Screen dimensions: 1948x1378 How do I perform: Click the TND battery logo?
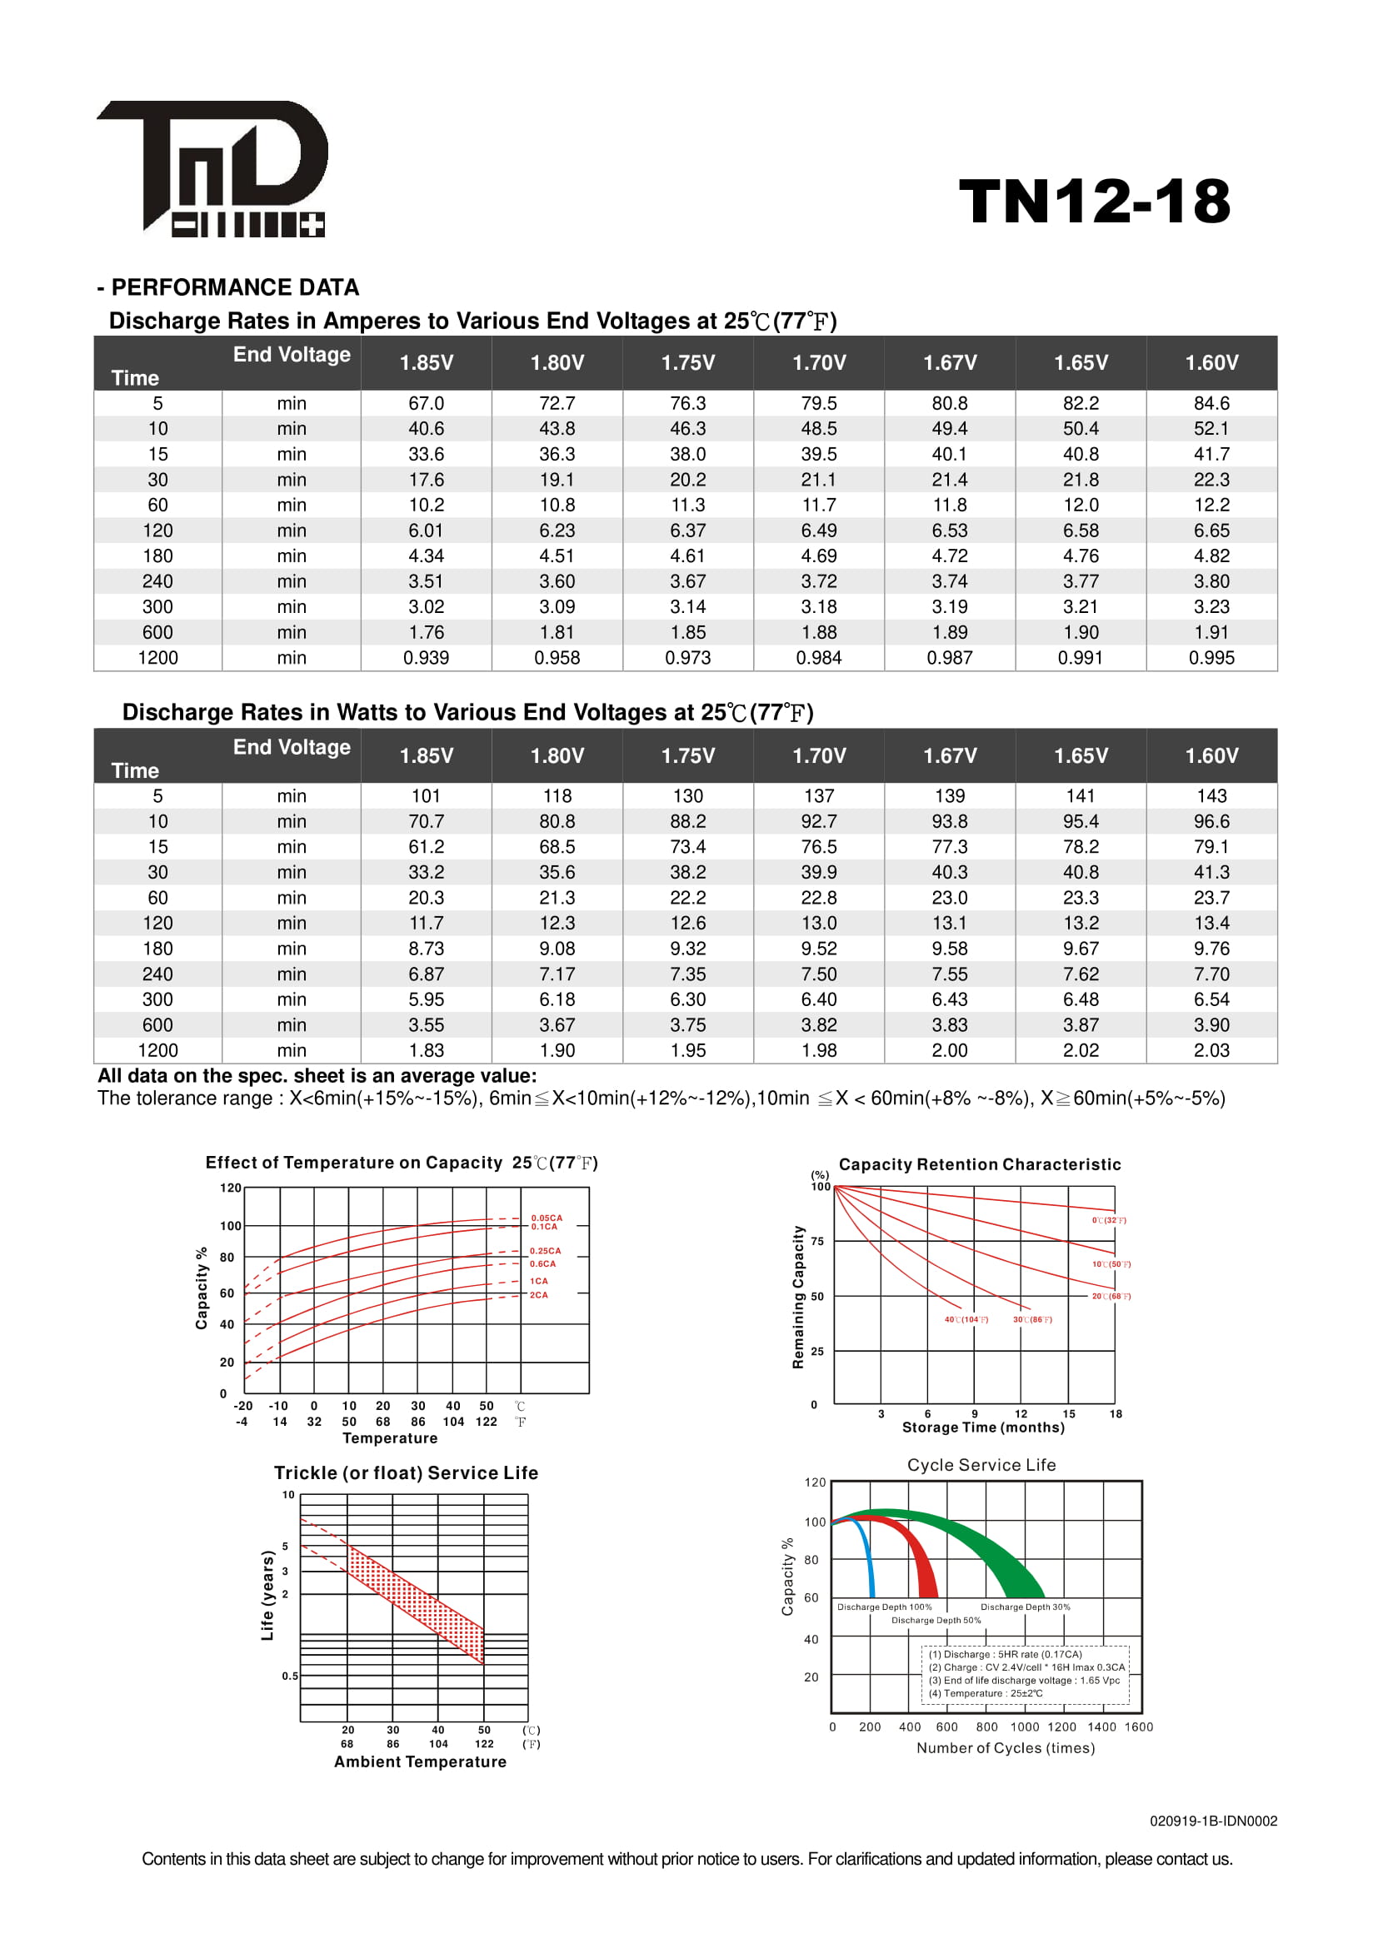pos(212,169)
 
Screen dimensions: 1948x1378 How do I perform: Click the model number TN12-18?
pos(1094,202)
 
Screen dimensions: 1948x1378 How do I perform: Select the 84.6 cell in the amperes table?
pos(1211,403)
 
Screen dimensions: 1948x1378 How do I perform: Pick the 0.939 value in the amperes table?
pos(426,658)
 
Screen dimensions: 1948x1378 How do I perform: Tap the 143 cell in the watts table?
pos(1211,796)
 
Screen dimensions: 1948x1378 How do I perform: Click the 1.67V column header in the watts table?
pos(950,755)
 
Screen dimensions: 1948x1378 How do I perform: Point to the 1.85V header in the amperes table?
pos(426,362)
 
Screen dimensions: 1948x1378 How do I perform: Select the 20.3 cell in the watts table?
pos(426,898)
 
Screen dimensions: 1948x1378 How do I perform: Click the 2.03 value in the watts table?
pos(1211,1050)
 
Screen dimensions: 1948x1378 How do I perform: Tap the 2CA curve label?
pos(539,1295)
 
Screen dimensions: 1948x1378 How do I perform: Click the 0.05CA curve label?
pos(547,1218)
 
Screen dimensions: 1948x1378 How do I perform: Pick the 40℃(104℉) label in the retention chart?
pos(966,1319)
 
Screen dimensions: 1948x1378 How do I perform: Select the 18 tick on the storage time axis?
pos(1116,1413)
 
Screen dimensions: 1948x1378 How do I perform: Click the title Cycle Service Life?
pos(981,1465)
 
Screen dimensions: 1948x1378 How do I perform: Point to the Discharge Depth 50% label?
pos(936,1620)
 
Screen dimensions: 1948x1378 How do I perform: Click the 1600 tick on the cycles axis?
pos(1139,1726)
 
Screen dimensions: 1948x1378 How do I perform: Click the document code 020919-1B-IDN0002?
pos(1213,1821)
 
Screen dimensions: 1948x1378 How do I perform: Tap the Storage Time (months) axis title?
pos(982,1427)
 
